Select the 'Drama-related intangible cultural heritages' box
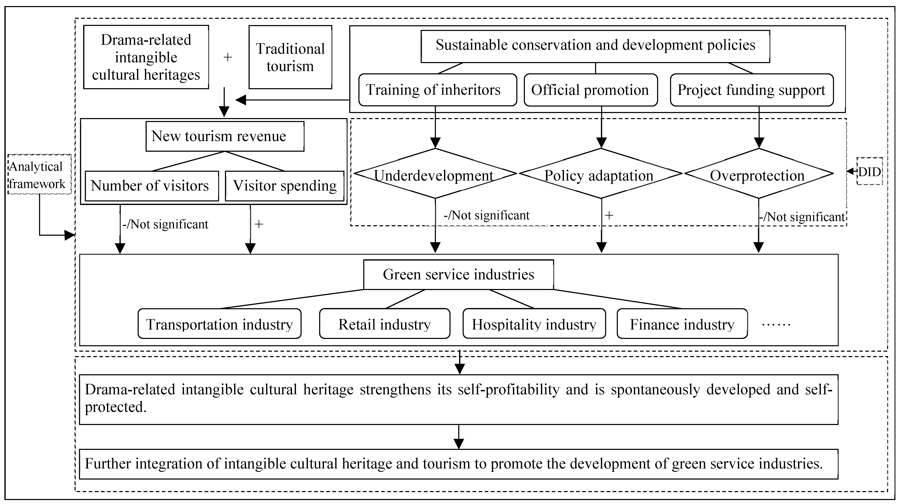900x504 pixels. (146, 57)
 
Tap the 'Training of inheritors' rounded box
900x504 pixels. (437, 90)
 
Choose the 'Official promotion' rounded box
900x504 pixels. (590, 90)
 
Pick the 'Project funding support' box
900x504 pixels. (751, 90)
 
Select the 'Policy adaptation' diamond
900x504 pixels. (600, 174)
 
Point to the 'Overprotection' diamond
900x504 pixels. (759, 174)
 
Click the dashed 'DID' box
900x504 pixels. (870, 171)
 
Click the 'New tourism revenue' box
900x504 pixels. (225, 136)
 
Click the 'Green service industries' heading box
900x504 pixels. (458, 274)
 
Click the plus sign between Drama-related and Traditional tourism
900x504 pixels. (227, 57)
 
